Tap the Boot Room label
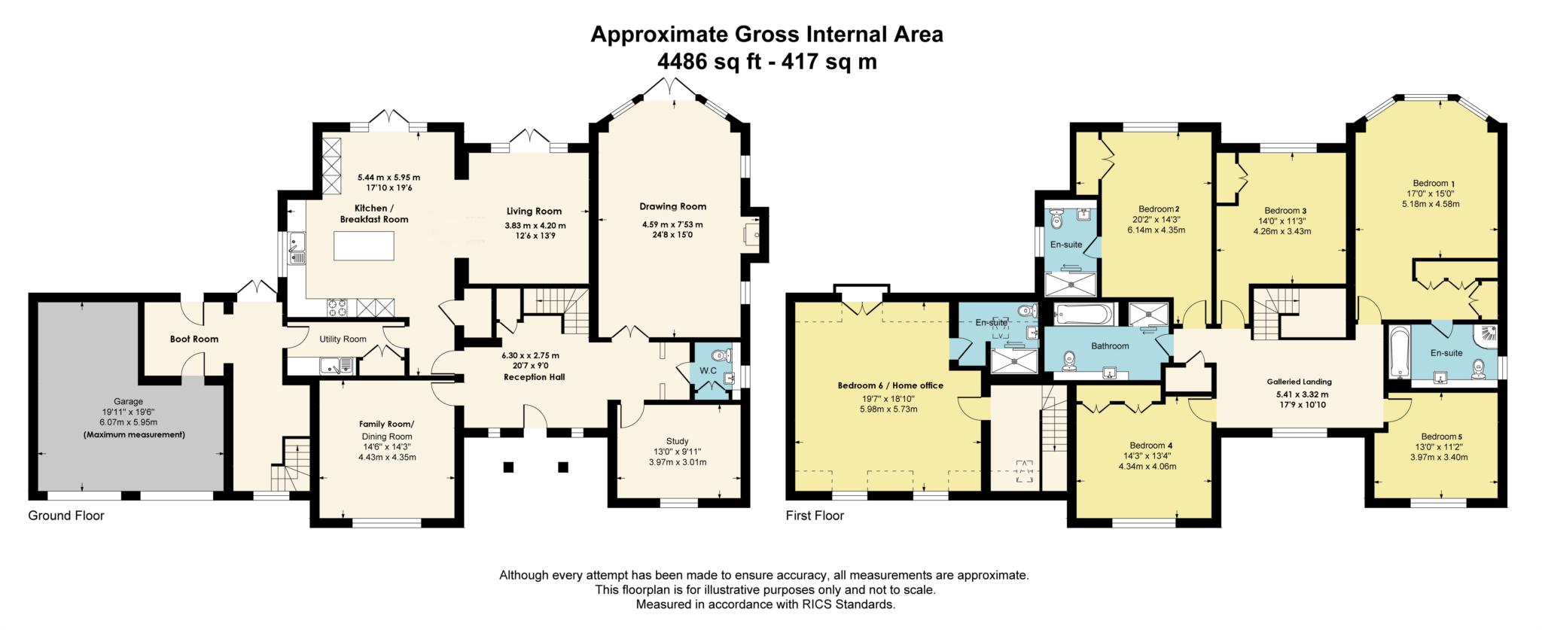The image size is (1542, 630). (194, 339)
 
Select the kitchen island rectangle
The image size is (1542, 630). (364, 245)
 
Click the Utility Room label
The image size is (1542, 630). (343, 339)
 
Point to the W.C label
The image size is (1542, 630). (707, 370)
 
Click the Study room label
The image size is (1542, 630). (677, 441)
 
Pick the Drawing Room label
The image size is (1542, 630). (672, 206)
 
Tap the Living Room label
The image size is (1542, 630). (534, 212)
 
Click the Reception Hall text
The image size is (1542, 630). (535, 376)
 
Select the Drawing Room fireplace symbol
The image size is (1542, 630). (753, 235)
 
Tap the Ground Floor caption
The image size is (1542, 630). (66, 516)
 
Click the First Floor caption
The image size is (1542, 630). (815, 516)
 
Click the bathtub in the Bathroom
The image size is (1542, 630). (1083, 314)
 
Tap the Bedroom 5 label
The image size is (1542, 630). (1441, 437)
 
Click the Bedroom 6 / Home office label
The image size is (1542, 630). (890, 385)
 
